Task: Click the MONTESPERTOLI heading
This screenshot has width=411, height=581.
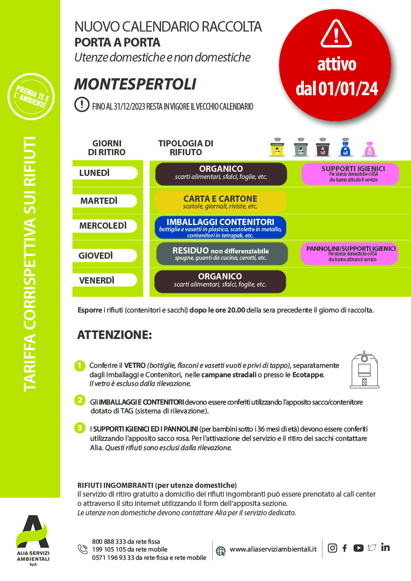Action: tap(135, 84)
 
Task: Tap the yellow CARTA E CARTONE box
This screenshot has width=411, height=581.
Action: tap(221, 201)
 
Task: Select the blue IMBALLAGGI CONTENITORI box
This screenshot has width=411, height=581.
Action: tap(221, 227)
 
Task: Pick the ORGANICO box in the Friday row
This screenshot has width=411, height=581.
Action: tap(221, 281)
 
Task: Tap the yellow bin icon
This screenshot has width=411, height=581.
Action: tap(277, 148)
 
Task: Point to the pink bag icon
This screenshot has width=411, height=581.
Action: tap(370, 149)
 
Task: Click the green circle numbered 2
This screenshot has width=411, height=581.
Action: tap(79, 399)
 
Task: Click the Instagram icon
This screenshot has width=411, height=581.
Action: tap(332, 548)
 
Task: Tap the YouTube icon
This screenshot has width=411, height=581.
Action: tap(358, 548)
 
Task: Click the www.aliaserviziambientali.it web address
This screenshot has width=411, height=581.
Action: tap(273, 549)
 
